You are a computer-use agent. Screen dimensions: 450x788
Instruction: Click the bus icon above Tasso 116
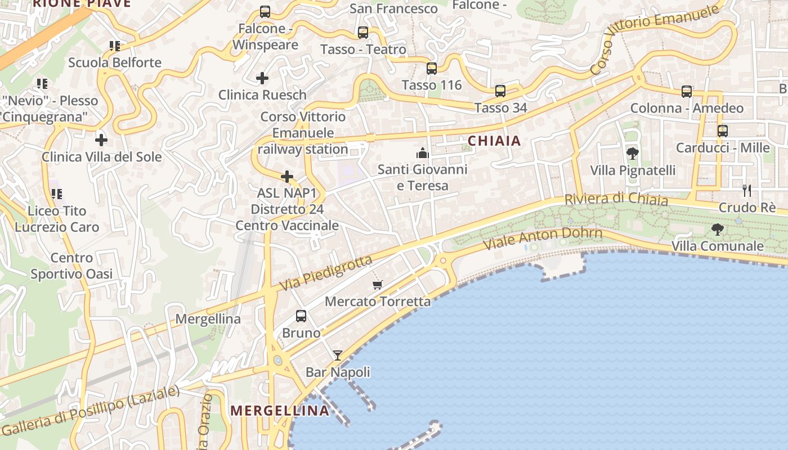tap(432, 69)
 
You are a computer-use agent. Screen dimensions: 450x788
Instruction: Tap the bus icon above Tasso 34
tap(500, 91)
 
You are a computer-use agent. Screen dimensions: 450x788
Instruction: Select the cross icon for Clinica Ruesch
tap(262, 78)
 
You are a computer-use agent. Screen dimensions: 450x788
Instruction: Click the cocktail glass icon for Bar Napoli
tap(338, 355)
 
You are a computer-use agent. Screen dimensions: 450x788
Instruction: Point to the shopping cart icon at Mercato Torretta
tap(378, 285)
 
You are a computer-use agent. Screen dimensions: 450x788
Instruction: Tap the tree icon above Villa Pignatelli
tap(633, 153)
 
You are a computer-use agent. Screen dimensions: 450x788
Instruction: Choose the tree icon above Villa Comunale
tap(718, 229)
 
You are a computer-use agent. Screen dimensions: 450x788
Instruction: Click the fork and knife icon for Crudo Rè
tap(747, 191)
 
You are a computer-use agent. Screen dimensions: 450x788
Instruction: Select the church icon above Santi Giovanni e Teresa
tap(422, 153)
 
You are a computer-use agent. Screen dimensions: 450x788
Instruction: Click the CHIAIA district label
tap(495, 141)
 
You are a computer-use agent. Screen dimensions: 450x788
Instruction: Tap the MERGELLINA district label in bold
tap(280, 411)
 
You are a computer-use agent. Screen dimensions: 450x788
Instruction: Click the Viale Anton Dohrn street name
tap(543, 238)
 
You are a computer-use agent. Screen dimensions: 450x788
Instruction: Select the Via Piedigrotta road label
tap(326, 273)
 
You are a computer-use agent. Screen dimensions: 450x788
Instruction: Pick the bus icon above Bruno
tap(301, 316)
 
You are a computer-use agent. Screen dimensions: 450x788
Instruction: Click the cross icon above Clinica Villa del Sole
tap(101, 139)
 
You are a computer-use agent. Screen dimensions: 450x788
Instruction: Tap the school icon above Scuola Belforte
tap(115, 46)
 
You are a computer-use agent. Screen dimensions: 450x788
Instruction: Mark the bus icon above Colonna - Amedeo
tap(687, 92)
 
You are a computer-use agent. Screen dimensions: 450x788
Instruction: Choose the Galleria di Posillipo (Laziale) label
tap(90, 411)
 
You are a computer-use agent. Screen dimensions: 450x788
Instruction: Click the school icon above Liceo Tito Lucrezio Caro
tap(57, 194)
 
